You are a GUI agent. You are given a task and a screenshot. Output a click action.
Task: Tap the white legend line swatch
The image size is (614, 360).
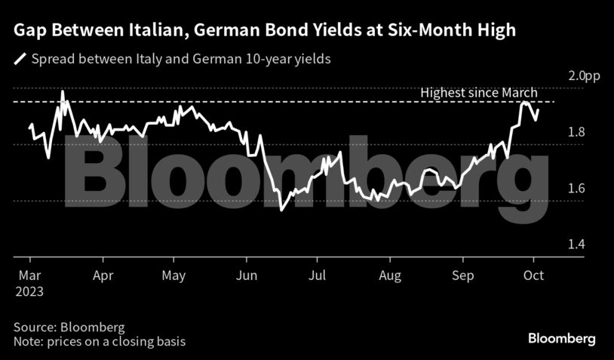point(20,58)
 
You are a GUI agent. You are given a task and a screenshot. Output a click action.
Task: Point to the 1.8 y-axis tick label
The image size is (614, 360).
point(577,132)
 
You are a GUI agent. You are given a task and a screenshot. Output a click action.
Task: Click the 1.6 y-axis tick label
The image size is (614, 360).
point(577,188)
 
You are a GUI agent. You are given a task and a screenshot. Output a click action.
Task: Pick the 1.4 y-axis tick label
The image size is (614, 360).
point(577,245)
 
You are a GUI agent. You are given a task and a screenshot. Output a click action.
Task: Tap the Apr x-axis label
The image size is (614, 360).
point(102,276)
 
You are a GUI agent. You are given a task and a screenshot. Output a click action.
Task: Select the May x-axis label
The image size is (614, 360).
point(174,276)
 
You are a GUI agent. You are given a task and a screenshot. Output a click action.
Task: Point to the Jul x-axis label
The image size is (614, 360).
point(318,276)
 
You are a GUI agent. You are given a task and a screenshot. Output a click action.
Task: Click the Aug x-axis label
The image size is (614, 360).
point(389,276)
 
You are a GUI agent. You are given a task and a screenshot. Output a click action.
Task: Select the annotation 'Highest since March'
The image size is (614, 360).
point(478,93)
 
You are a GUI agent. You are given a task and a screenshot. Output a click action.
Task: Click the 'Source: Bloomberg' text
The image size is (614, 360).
point(68,328)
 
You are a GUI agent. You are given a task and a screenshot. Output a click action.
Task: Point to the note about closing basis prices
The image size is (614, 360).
point(99,342)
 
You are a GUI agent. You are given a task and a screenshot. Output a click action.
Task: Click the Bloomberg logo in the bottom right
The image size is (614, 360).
point(562,337)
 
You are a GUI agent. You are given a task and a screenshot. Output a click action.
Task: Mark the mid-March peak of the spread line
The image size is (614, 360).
point(62,91)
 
